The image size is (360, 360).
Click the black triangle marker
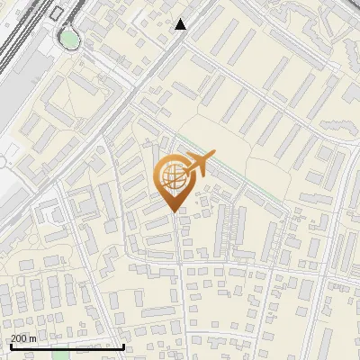[181, 24]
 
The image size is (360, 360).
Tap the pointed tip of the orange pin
[171, 212]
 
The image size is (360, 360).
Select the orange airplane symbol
[197, 163]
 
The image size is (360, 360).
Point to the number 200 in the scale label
[18, 338]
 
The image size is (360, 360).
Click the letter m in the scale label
[32, 338]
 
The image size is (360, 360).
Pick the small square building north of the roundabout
[59, 13]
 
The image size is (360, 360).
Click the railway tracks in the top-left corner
[18, 36]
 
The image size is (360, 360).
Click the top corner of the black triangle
[181, 19]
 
